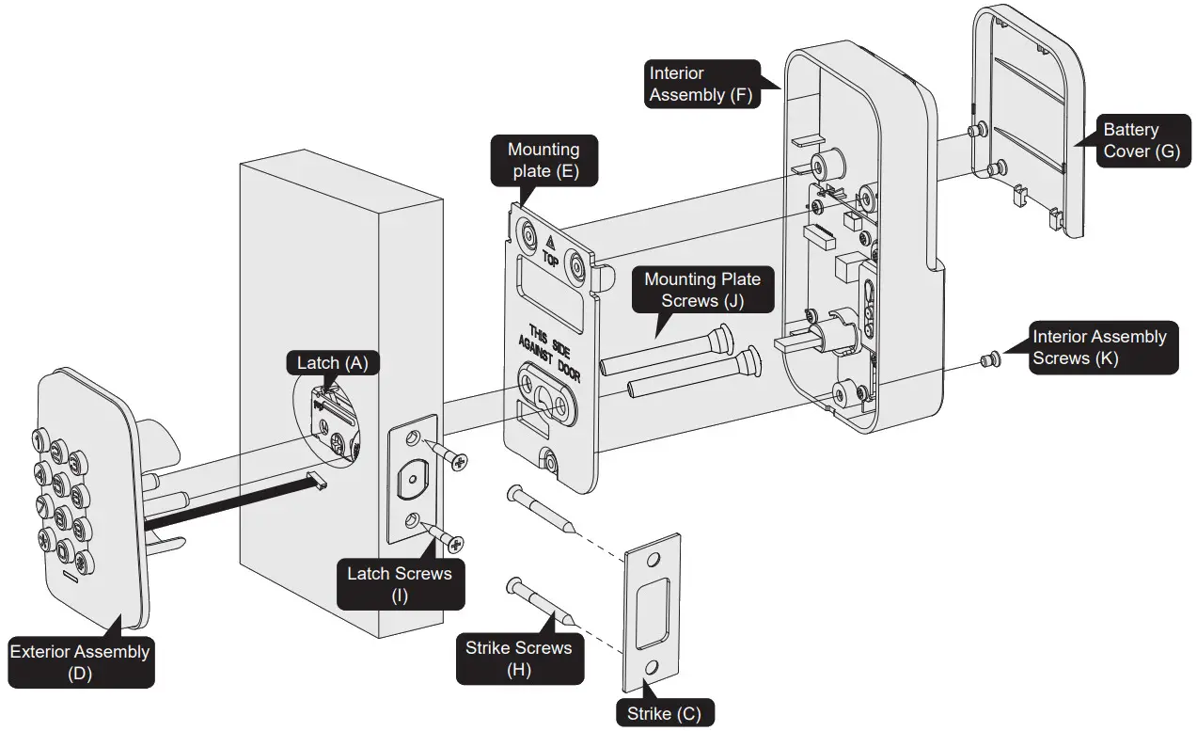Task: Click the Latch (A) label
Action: pyautogui.click(x=331, y=363)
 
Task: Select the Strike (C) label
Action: pyautogui.click(x=664, y=713)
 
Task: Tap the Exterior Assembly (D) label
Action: pyautogui.click(x=80, y=661)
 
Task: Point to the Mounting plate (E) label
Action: pyautogui.click(x=543, y=160)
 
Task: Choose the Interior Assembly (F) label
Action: pyautogui.click(x=701, y=84)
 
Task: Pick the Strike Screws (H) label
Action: pyautogui.click(x=518, y=659)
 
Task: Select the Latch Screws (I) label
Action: pyautogui.click(x=400, y=583)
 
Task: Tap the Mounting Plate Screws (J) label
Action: pyautogui.click(x=701, y=289)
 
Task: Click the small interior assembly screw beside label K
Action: pyautogui.click(x=989, y=358)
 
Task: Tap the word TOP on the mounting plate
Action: pyautogui.click(x=551, y=257)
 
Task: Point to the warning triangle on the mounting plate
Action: pyautogui.click(x=550, y=241)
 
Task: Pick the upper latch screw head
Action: pyautogui.click(x=458, y=460)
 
